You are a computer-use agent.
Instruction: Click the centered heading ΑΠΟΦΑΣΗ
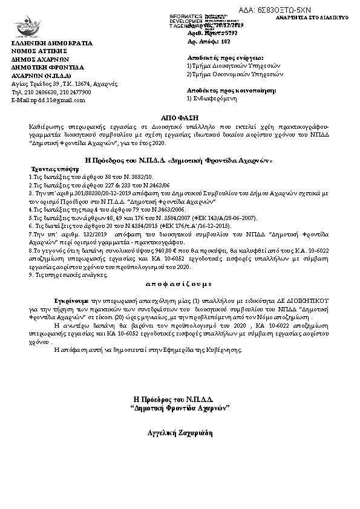179,114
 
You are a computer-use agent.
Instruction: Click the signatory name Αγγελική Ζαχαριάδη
180,433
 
